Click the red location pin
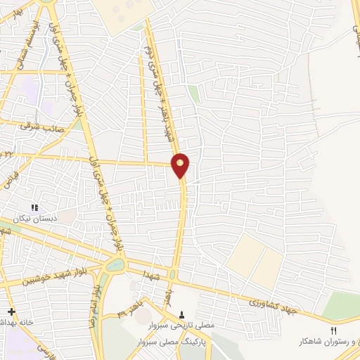coord(181,165)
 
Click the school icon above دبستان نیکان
coord(34,207)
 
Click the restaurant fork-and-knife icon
coord(335,330)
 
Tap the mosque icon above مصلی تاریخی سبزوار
coord(184,314)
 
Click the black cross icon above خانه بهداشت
coord(11,311)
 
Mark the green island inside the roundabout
coord(115,266)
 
